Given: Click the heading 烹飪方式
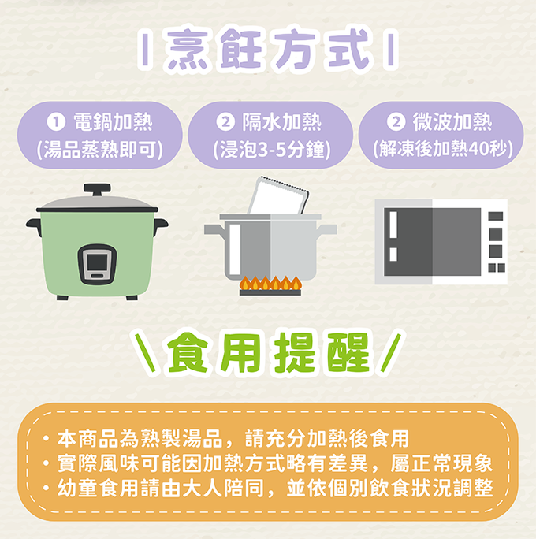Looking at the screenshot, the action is (267, 49).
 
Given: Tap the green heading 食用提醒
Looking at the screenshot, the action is (267, 353).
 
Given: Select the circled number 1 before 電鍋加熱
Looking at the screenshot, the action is (56, 122).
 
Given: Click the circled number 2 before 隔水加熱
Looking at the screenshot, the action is (225, 122).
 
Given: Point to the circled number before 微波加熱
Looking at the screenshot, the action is (396, 122).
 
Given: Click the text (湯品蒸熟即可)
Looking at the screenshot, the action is (99, 151).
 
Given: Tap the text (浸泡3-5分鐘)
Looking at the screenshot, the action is (272, 151).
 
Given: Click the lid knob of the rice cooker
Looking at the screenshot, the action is (97, 189).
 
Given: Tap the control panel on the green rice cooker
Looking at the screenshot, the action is (97, 264).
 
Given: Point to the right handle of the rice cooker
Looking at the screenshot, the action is (160, 225).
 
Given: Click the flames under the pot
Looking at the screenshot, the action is (270, 283).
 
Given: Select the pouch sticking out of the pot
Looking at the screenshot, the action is (278, 195).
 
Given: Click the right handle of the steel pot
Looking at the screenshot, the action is (326, 229).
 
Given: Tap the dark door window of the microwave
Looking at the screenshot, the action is (432, 242).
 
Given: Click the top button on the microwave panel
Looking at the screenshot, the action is (496, 216).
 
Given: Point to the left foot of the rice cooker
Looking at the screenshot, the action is (62, 297).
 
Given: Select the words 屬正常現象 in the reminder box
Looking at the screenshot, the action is (441, 463).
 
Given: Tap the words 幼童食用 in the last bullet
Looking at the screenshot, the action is (99, 489).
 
